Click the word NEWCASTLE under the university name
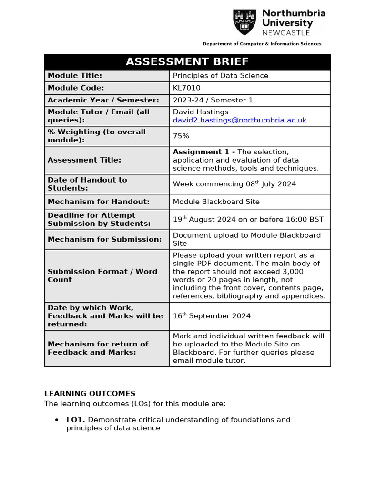tap(286, 33)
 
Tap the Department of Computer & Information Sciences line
tap(262, 44)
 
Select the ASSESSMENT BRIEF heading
tap(187, 62)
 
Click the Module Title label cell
tap(75, 76)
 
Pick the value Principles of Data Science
tap(220, 76)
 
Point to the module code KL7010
tap(186, 88)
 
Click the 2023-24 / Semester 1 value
tap(213, 100)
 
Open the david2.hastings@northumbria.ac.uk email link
tap(239, 120)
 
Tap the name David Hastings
tap(200, 112)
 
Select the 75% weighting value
tap(181, 136)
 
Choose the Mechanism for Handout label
tap(98, 202)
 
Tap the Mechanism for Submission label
tap(104, 239)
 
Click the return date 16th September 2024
tap(212, 316)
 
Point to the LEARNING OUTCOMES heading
tap(90, 394)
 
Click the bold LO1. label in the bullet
tap(76, 420)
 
